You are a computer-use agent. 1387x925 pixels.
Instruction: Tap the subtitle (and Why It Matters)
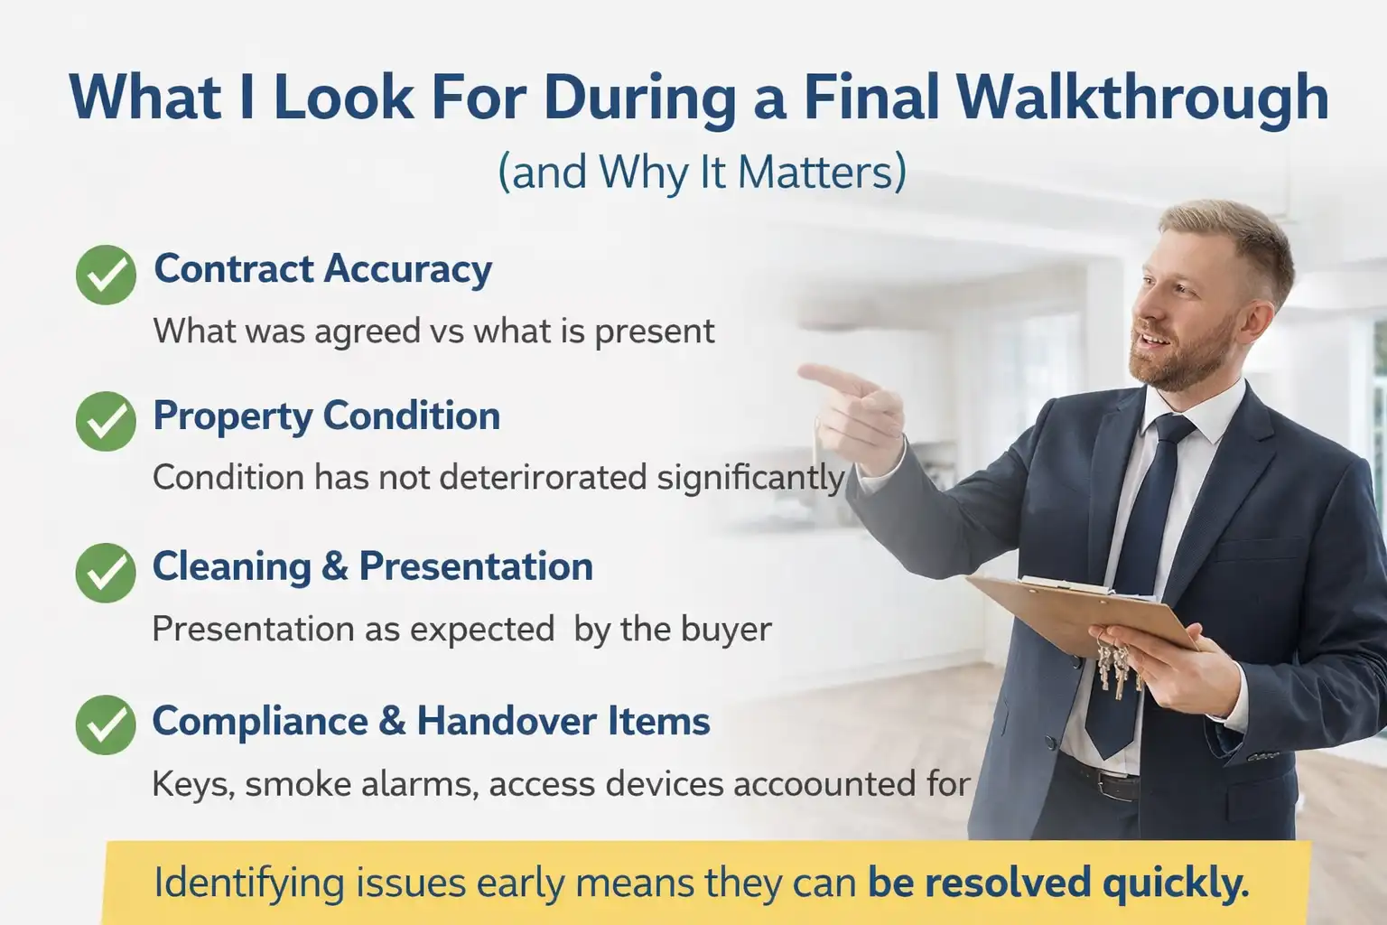[x=702, y=172]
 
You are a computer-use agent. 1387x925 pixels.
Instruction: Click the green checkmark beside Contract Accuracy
[x=106, y=275]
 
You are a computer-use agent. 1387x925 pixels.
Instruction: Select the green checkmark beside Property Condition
[x=106, y=421]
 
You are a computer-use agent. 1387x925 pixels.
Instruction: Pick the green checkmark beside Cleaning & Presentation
[x=106, y=573]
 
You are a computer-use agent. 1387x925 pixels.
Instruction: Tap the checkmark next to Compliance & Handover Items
[x=106, y=724]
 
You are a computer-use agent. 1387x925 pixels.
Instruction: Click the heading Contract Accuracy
[x=322, y=269]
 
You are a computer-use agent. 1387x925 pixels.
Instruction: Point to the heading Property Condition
[x=326, y=416]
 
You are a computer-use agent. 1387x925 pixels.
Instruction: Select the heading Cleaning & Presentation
[x=372, y=567]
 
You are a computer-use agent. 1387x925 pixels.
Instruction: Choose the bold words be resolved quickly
[x=1058, y=883]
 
